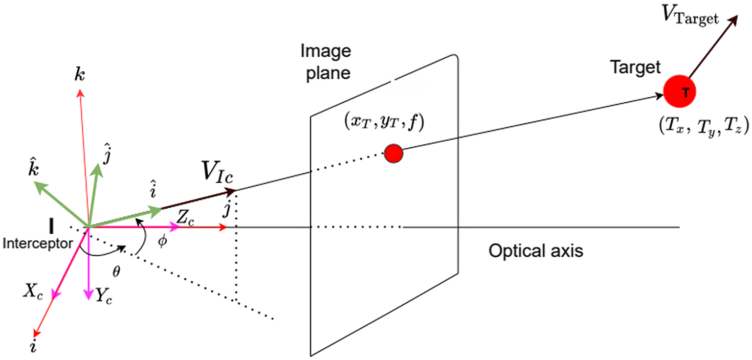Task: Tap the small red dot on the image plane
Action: pyautogui.click(x=393, y=153)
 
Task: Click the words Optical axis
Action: pyautogui.click(x=536, y=251)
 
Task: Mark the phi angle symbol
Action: pyautogui.click(x=162, y=241)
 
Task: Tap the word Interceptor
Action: pyautogui.click(x=38, y=243)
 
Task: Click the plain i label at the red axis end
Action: pyautogui.click(x=34, y=347)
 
